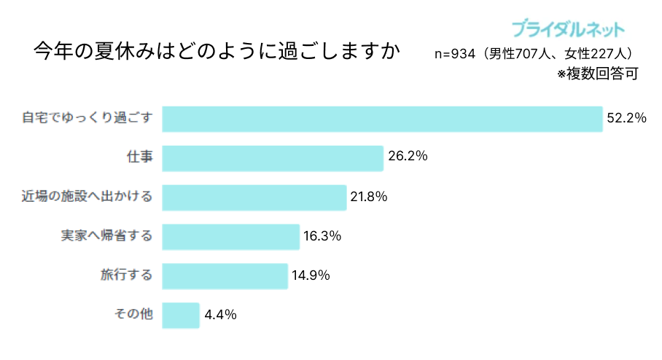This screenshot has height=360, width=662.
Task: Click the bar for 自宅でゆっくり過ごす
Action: [x=382, y=119]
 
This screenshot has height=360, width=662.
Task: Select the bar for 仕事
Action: [x=272, y=158]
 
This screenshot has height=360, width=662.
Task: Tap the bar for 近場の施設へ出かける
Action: [x=254, y=197]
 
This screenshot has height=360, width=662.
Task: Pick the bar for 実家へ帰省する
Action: [x=230, y=237]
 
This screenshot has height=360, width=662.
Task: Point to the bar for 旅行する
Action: [x=225, y=276]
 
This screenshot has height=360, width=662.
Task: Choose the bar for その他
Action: [x=180, y=316]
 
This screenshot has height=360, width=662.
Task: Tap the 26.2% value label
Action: [x=408, y=157]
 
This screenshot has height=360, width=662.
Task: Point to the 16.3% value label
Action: [x=322, y=236]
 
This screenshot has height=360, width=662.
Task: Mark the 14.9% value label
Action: [x=311, y=275]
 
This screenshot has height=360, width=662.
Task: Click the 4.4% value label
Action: [x=221, y=315]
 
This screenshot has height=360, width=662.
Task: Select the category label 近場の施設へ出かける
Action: [x=87, y=197]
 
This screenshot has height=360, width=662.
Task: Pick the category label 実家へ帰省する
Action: [x=106, y=236]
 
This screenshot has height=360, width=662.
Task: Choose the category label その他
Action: [x=133, y=315]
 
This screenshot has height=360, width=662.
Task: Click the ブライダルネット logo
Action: [x=568, y=29]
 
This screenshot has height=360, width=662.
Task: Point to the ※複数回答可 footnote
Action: [x=598, y=73]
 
